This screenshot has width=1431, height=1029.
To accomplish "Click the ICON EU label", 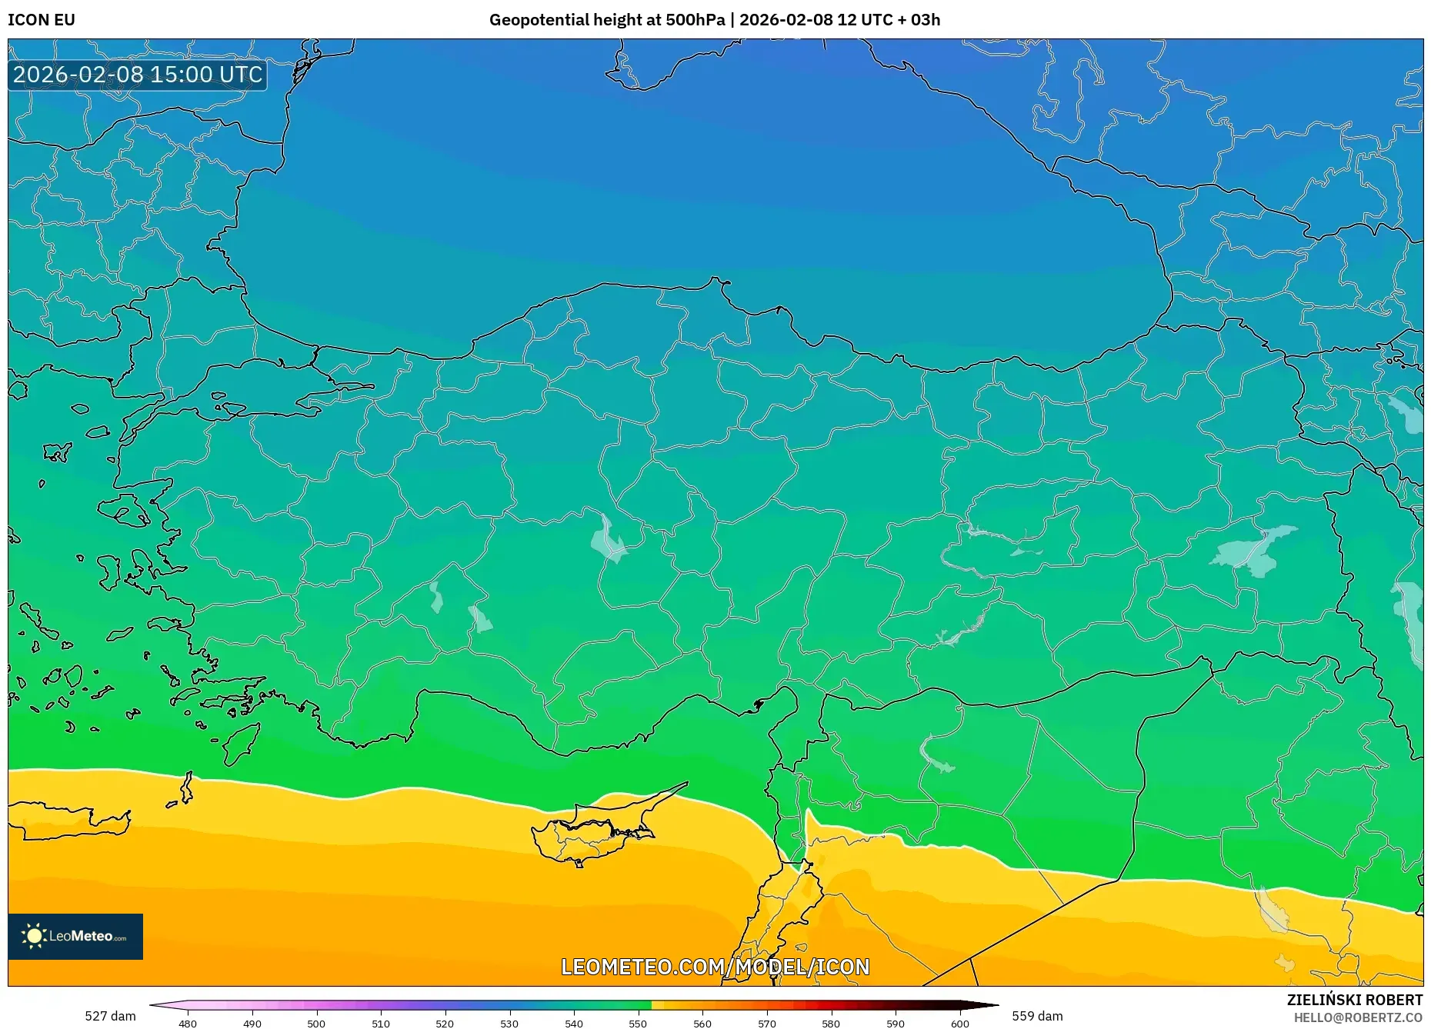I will [42, 20].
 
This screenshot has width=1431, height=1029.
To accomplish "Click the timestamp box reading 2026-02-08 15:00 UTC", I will [138, 75].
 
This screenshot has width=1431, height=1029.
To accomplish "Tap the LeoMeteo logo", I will [75, 936].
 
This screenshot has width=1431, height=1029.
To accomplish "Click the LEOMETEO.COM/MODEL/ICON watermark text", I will [715, 967].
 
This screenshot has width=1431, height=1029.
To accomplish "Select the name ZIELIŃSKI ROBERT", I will [1354, 1000].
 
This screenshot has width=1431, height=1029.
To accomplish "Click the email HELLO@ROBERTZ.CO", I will [1357, 1017].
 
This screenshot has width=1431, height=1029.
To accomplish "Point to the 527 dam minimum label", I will [110, 1016].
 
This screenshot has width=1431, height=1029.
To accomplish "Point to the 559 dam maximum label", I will [1037, 1016].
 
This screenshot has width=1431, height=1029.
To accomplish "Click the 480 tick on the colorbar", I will [188, 1023].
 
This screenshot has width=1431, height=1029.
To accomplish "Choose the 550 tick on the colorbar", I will [638, 1023].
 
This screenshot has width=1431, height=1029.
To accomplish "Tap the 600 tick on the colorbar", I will [959, 1023].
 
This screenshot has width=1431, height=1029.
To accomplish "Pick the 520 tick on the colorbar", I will [445, 1023].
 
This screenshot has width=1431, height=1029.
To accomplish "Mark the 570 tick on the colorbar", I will [766, 1023].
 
